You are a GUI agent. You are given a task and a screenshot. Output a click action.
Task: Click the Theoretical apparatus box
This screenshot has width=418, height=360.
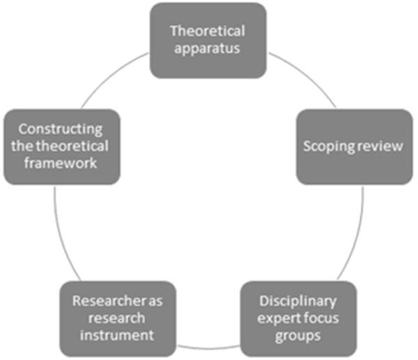[x=209, y=40]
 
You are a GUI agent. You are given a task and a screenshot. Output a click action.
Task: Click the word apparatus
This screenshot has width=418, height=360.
[x=209, y=49]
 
